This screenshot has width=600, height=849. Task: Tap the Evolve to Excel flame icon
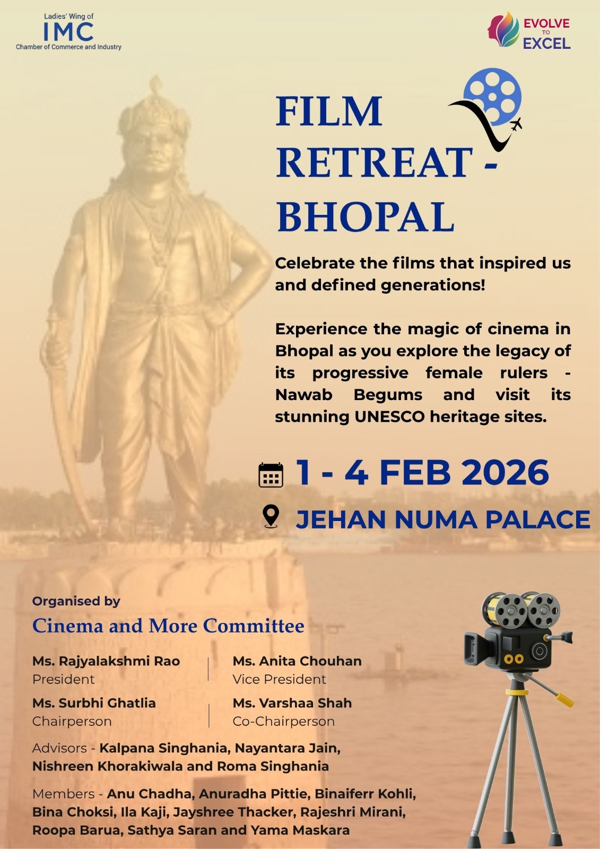(503, 30)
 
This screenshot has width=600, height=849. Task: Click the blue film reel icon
(492, 96)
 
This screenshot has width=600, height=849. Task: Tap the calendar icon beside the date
(271, 474)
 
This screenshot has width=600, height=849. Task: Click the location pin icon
(271, 516)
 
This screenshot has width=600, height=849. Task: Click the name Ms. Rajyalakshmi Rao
(106, 661)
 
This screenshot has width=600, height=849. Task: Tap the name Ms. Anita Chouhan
(297, 661)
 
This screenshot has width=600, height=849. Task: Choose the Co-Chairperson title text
(283, 721)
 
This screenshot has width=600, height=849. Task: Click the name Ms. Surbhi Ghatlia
(94, 703)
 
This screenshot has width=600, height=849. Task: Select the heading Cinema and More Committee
(168, 626)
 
